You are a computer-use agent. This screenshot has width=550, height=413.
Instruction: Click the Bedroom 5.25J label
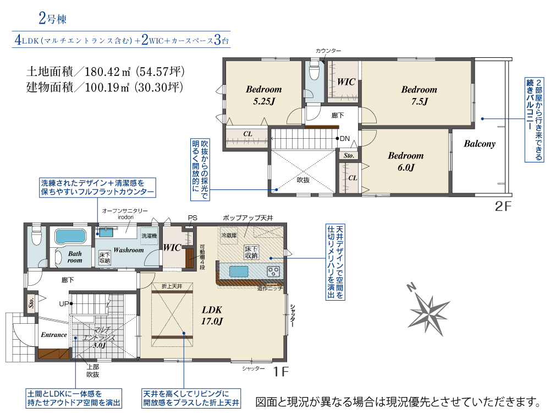pyautogui.click(x=263, y=95)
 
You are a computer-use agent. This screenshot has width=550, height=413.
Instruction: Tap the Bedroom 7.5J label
pyautogui.click(x=419, y=95)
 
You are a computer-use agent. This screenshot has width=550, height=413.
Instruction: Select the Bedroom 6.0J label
pyautogui.click(x=406, y=161)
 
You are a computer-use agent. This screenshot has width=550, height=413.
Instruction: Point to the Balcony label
pyautogui.click(x=480, y=144)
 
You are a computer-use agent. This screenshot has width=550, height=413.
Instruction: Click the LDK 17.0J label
pyautogui.click(x=212, y=316)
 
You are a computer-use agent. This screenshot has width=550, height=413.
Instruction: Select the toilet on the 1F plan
pyautogui.click(x=36, y=235)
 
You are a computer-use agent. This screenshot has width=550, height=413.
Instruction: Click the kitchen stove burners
pyautogui.click(x=273, y=271)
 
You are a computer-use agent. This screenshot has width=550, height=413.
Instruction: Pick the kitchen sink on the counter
pyautogui.click(x=239, y=271)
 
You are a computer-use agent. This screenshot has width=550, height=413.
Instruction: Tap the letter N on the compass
pyautogui.click(x=411, y=287)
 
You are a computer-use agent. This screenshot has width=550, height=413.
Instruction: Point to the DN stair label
pyautogui.click(x=345, y=139)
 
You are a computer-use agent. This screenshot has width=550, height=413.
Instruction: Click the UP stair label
pyautogui.click(x=64, y=304)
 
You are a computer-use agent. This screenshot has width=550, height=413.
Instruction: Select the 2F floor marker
pyautogui.click(x=503, y=206)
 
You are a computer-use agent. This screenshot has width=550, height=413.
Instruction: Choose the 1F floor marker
pyautogui.click(x=280, y=371)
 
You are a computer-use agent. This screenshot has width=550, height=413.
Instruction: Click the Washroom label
pyautogui.click(x=129, y=250)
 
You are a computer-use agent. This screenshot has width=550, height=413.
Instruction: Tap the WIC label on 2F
pyautogui.click(x=346, y=82)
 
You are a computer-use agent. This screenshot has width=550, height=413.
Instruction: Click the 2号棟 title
pyautogui.click(x=53, y=18)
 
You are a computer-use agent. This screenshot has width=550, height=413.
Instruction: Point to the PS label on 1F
pyautogui.click(x=193, y=218)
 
